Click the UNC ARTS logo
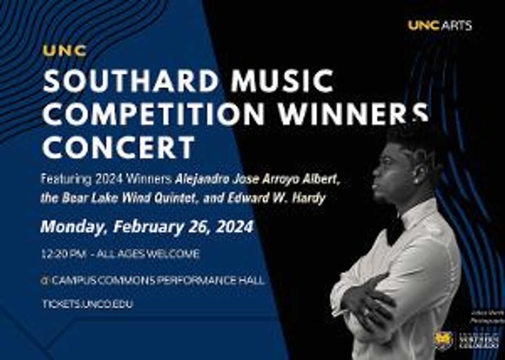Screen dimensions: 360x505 click(440, 26)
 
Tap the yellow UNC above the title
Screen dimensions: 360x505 click(65, 51)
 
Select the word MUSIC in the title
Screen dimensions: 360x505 click(282, 81)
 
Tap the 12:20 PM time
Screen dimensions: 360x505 click(63, 254)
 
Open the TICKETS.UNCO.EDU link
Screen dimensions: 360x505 click(88, 304)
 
